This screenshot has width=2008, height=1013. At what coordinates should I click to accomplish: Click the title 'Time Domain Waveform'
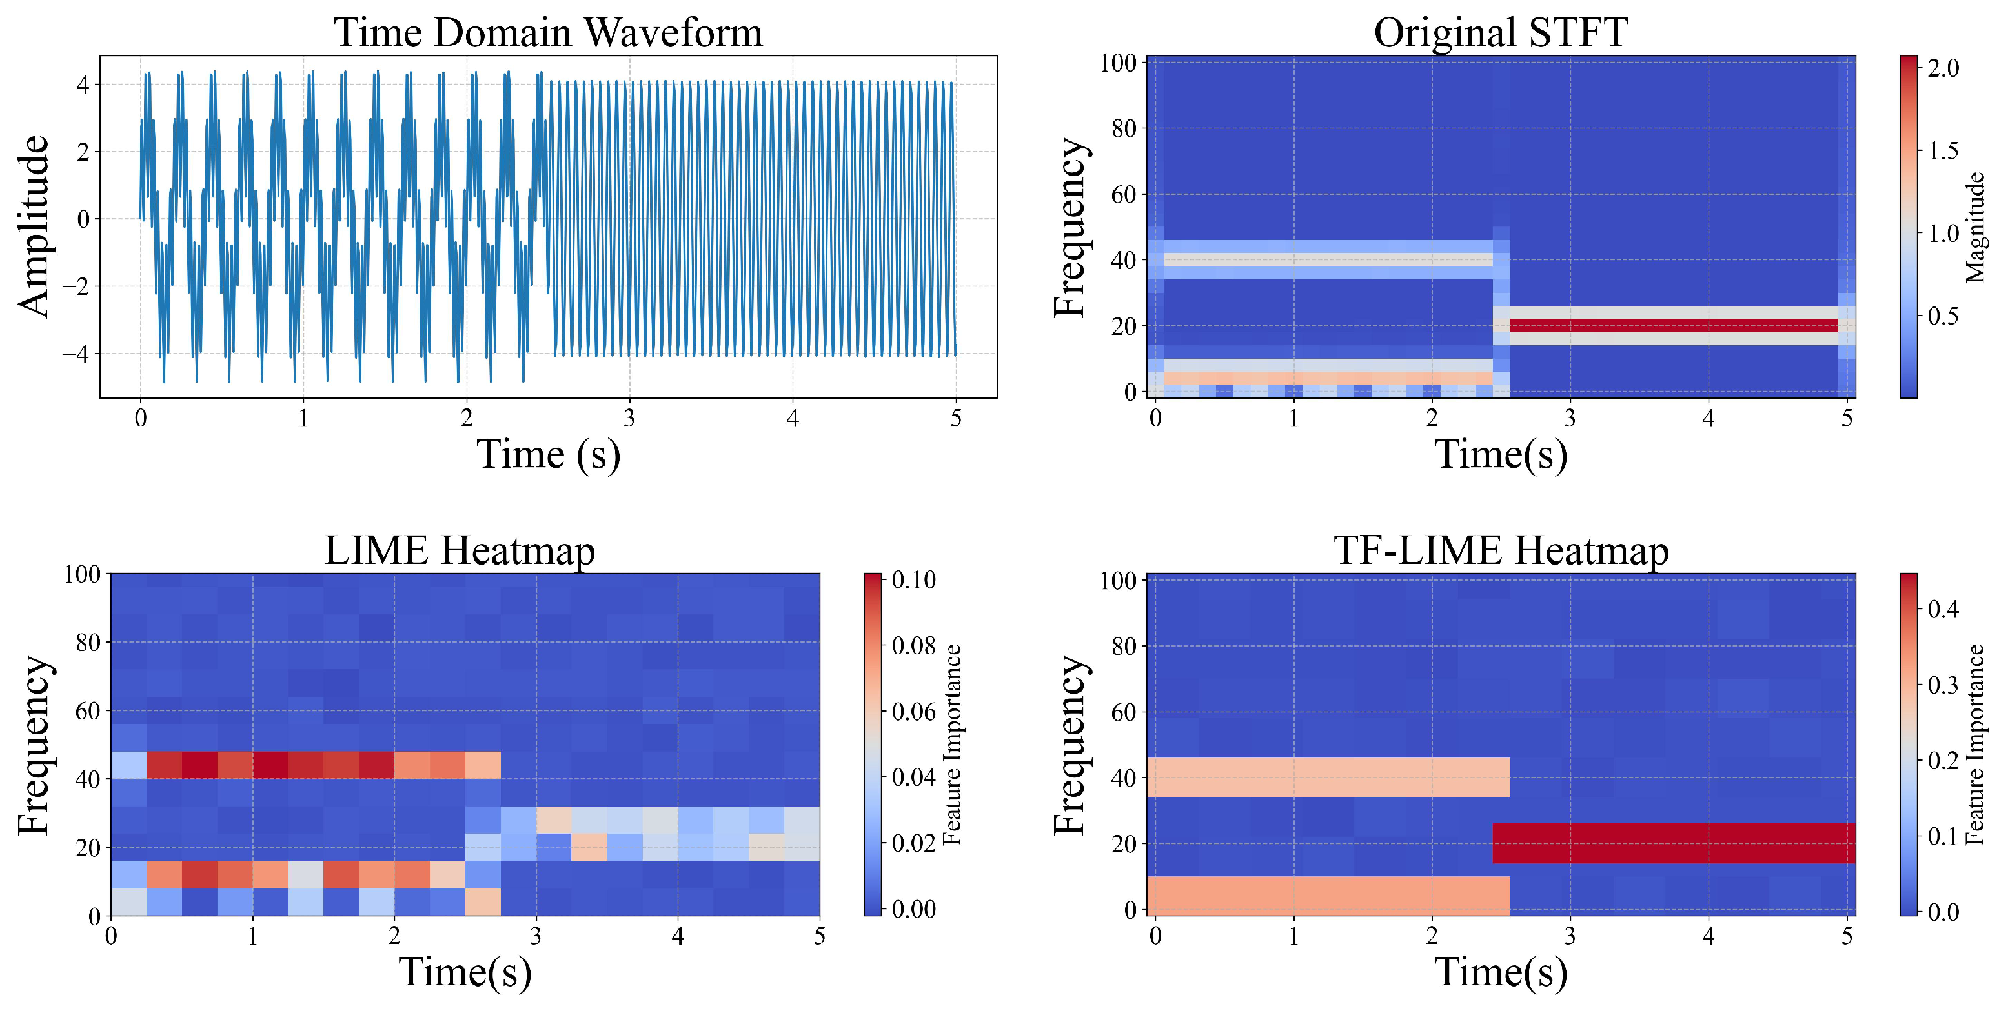pyautogui.click(x=548, y=33)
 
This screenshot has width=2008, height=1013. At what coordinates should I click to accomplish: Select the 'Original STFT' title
pyautogui.click(x=1500, y=33)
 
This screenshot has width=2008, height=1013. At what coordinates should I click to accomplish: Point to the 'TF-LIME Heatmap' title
pyautogui.click(x=1501, y=550)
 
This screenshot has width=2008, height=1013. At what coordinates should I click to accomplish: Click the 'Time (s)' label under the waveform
pyautogui.click(x=548, y=454)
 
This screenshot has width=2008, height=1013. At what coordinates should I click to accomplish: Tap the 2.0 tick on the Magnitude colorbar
pyautogui.click(x=1943, y=68)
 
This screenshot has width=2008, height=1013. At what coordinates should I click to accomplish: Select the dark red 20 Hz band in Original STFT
pyautogui.click(x=1673, y=326)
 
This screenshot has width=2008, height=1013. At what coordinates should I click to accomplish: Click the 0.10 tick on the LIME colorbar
pyautogui.click(x=913, y=580)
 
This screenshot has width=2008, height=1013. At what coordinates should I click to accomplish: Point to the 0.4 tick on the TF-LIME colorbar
pyautogui.click(x=1943, y=609)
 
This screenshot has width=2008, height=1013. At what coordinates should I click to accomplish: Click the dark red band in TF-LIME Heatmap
pyautogui.click(x=1673, y=843)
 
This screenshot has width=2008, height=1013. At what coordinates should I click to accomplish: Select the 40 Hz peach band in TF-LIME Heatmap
pyautogui.click(x=1328, y=777)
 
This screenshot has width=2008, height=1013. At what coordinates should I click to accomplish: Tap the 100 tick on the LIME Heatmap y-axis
pyautogui.click(x=83, y=575)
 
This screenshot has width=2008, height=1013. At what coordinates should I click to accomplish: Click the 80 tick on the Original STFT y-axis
pyautogui.click(x=1123, y=128)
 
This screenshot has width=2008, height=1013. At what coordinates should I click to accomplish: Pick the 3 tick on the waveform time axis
pyautogui.click(x=629, y=419)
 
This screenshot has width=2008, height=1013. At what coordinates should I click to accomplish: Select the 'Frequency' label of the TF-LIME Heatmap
pyautogui.click(x=1070, y=745)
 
